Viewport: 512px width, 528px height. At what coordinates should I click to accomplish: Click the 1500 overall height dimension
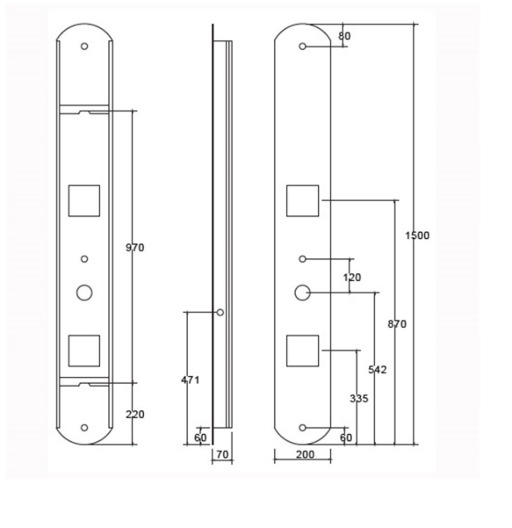[x=417, y=235]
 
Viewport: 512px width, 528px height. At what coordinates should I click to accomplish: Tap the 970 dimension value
[x=134, y=248]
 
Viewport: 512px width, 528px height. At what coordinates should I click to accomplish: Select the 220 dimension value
[x=134, y=415]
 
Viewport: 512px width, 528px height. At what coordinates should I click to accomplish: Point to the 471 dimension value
[x=191, y=380]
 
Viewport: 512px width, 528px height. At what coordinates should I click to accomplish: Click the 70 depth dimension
[x=222, y=454]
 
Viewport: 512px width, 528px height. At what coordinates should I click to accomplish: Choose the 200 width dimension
[x=305, y=454]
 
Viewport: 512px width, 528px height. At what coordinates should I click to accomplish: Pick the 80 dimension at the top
[x=344, y=36]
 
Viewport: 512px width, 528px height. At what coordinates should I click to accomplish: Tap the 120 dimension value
[x=352, y=278]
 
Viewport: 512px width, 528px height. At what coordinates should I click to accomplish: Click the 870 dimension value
[x=397, y=324]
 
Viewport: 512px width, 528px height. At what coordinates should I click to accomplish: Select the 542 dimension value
[x=377, y=370]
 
